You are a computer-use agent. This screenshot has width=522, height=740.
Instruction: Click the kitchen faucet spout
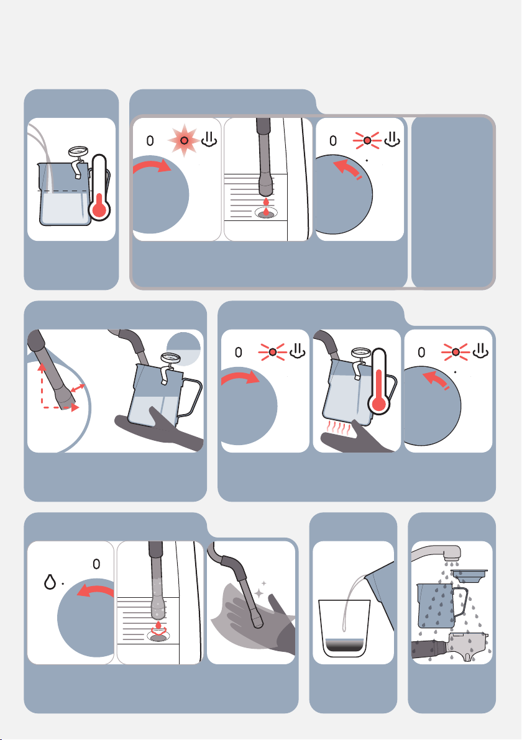pyautogui.click(x=437, y=552)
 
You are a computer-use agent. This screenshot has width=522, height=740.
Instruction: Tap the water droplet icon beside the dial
pyautogui.click(x=50, y=582)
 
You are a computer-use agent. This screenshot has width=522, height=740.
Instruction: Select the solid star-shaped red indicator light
pyautogui.click(x=184, y=140)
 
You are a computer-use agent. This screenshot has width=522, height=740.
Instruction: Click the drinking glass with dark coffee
pyautogui.click(x=344, y=628)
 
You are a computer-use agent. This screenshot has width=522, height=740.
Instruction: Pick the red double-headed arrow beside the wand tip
pyautogui.click(x=78, y=390)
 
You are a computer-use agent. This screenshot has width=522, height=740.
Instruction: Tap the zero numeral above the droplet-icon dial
pyautogui.click(x=96, y=564)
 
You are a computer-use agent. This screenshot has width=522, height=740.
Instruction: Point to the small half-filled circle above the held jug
pyautogui.click(x=184, y=350)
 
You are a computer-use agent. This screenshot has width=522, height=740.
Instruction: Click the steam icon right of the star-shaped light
pyautogui.click(x=209, y=138)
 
